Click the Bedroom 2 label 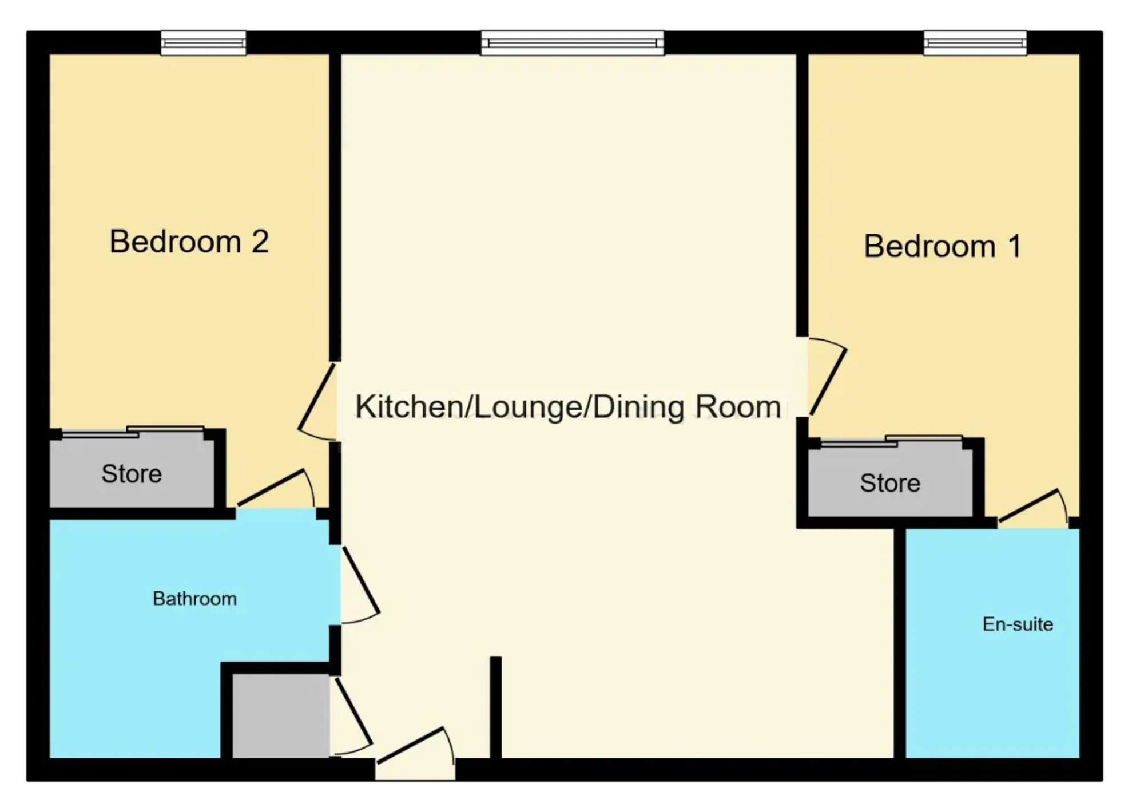point(189,242)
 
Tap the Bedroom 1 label point(942,247)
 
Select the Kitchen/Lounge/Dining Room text point(567,407)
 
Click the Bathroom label point(194,599)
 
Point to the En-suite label point(1018,624)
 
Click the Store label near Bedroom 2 point(132,474)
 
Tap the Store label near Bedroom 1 point(890,483)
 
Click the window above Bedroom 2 point(203,43)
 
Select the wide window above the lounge point(572,43)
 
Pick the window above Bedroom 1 point(975,43)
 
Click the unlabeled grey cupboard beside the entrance point(280,715)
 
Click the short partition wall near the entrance point(495,707)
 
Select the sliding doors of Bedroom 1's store point(891,441)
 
